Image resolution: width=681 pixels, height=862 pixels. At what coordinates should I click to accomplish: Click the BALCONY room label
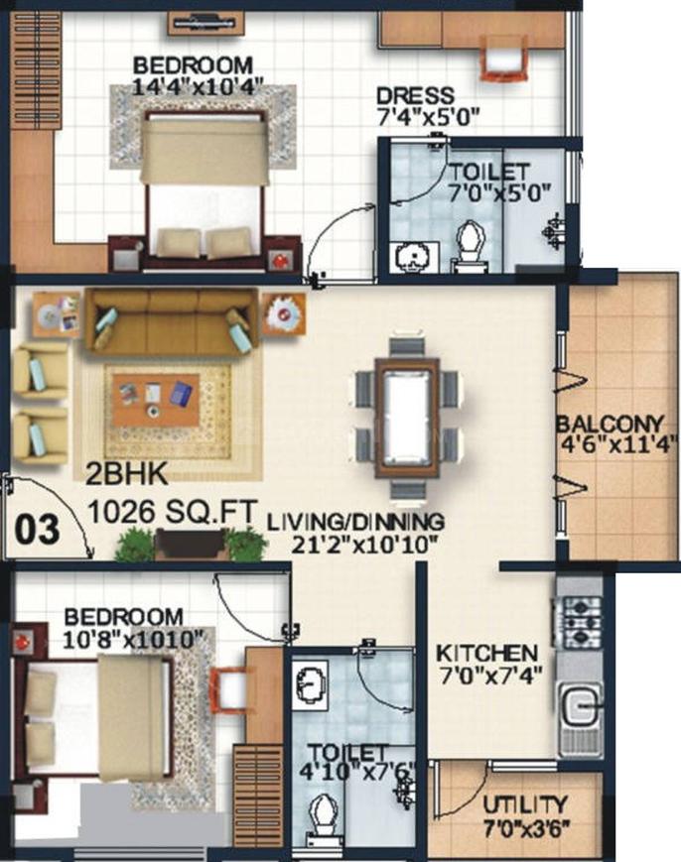click(x=611, y=425)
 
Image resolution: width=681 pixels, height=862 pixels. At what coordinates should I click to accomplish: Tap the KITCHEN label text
click(x=486, y=653)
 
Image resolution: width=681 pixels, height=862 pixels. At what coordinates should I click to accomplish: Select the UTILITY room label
click(x=524, y=804)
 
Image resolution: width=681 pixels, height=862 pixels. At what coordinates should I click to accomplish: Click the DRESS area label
click(x=415, y=95)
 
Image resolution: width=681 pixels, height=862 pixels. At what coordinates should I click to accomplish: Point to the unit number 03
click(x=37, y=530)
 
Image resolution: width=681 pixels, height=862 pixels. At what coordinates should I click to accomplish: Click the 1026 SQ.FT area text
click(x=173, y=513)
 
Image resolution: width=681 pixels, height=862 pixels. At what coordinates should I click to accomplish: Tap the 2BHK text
click(x=127, y=474)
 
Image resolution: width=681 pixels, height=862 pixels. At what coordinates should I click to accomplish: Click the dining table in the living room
click(x=407, y=418)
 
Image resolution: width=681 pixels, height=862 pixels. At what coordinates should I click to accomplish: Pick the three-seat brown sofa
click(x=172, y=321)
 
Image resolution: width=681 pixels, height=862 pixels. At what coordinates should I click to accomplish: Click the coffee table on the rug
click(x=156, y=400)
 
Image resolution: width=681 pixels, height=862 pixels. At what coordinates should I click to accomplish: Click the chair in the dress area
click(x=504, y=57)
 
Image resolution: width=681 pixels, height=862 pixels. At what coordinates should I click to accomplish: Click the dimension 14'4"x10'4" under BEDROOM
click(x=198, y=87)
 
